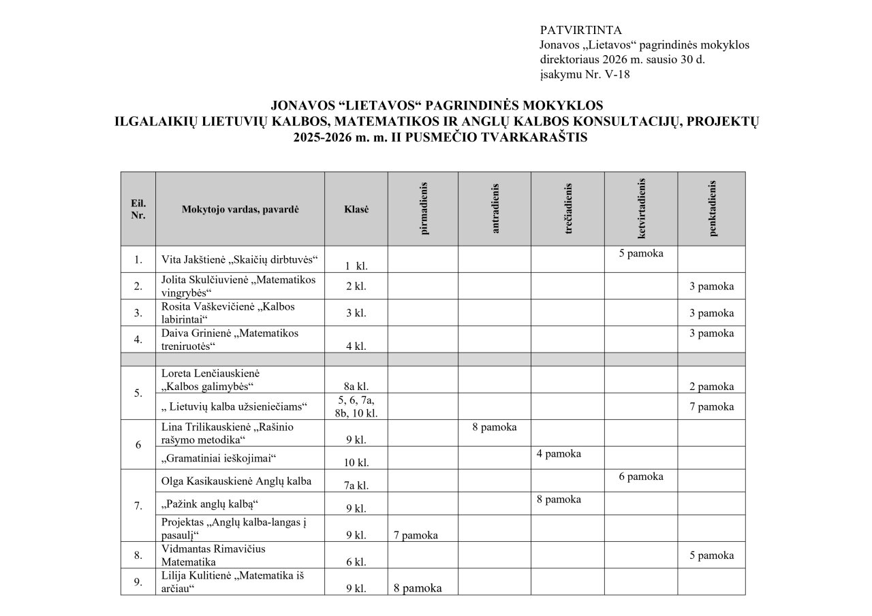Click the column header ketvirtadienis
tap(642, 208)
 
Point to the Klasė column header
tap(356, 209)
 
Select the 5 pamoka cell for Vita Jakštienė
tap(641, 254)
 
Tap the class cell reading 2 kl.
tap(356, 287)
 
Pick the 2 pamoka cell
tap(711, 387)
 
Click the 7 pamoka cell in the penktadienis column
tap(711, 406)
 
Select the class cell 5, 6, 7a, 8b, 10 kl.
tap(356, 406)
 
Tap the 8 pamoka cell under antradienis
tap(494, 427)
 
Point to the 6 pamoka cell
tap(641, 476)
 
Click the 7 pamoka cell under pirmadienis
tap(416, 535)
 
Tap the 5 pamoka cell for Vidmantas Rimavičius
tap(711, 555)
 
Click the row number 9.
tap(138, 582)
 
